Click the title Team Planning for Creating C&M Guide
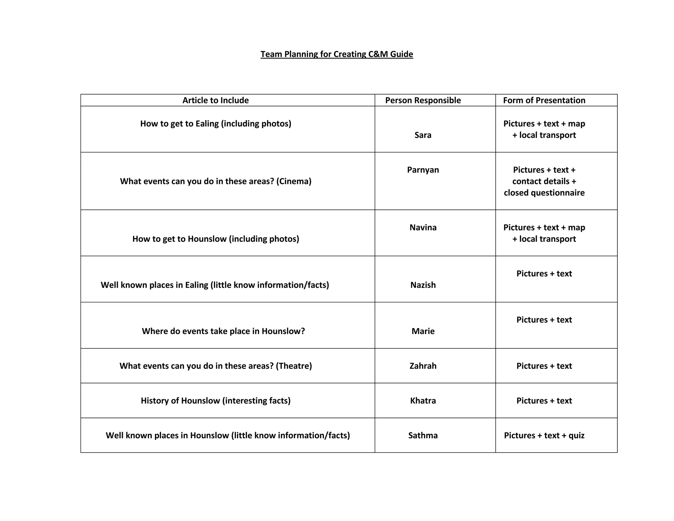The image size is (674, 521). [x=337, y=54]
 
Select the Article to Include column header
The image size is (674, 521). [x=216, y=100]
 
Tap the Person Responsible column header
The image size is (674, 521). [x=423, y=100]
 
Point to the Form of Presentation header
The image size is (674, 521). [x=544, y=100]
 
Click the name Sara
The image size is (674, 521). [x=423, y=135]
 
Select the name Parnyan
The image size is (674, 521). [x=423, y=170]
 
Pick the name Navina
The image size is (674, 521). [x=423, y=227]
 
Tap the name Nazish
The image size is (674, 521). [x=423, y=285]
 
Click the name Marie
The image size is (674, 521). [x=423, y=331]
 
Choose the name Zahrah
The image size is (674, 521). [x=423, y=366]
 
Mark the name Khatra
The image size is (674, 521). [x=423, y=400]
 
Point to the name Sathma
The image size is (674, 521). [x=423, y=435]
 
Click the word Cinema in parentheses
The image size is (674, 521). [x=294, y=181]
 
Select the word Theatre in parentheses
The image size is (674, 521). [x=294, y=366]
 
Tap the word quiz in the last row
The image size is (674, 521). [x=576, y=435]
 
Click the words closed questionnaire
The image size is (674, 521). [x=544, y=193]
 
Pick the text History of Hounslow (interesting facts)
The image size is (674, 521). [x=216, y=400]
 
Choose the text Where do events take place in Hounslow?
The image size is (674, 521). [x=223, y=331]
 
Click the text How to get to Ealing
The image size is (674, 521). [x=179, y=123]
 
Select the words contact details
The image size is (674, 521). [x=541, y=181]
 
